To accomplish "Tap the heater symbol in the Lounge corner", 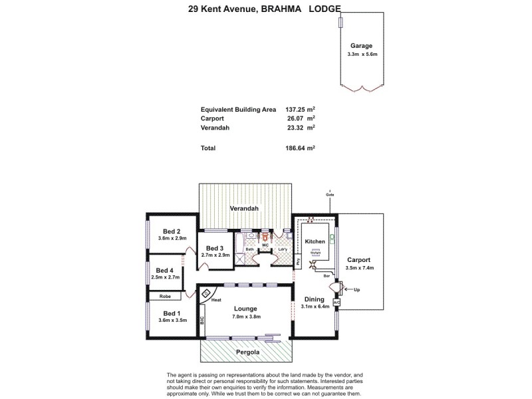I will click(207, 293).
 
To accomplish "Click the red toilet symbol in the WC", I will click(265, 236).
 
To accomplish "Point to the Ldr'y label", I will click(282, 249).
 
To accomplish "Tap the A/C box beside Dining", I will click(336, 303).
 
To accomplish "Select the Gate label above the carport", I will click(329, 194).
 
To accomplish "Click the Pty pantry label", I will click(297, 261).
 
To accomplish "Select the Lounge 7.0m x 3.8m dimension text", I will click(246, 317).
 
